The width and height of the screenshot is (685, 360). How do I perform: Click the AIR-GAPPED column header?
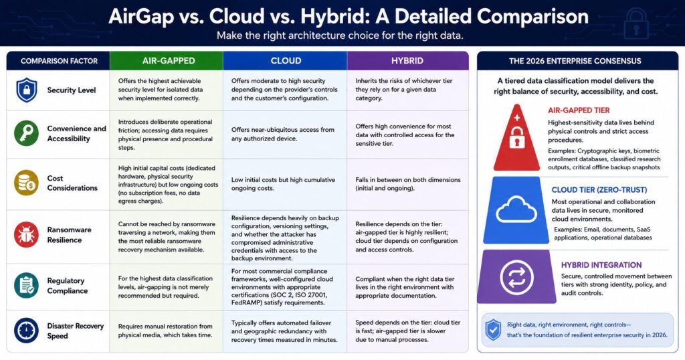click(169, 61)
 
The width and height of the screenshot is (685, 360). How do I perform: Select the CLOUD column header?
click(286, 61)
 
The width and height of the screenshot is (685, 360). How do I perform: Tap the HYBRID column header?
click(407, 61)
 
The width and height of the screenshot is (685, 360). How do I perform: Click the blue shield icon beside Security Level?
click(27, 90)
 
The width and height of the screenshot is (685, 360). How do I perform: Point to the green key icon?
click(26, 133)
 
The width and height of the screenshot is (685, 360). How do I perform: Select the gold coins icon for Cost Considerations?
click(26, 183)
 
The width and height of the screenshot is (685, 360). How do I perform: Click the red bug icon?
click(26, 235)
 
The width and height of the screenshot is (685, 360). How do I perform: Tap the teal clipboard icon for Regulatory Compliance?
click(26, 285)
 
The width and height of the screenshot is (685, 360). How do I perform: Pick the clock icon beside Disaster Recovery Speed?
click(26, 331)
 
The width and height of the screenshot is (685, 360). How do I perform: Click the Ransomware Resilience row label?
click(69, 235)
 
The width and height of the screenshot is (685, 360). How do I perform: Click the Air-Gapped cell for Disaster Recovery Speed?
click(165, 331)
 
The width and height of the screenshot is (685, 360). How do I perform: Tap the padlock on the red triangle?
click(517, 137)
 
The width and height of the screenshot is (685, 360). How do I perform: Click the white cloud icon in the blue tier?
click(516, 209)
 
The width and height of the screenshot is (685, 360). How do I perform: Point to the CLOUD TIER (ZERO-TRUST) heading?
click(599, 189)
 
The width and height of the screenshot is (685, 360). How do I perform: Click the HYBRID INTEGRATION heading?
click(601, 265)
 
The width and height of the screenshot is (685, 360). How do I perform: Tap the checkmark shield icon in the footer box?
click(494, 330)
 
